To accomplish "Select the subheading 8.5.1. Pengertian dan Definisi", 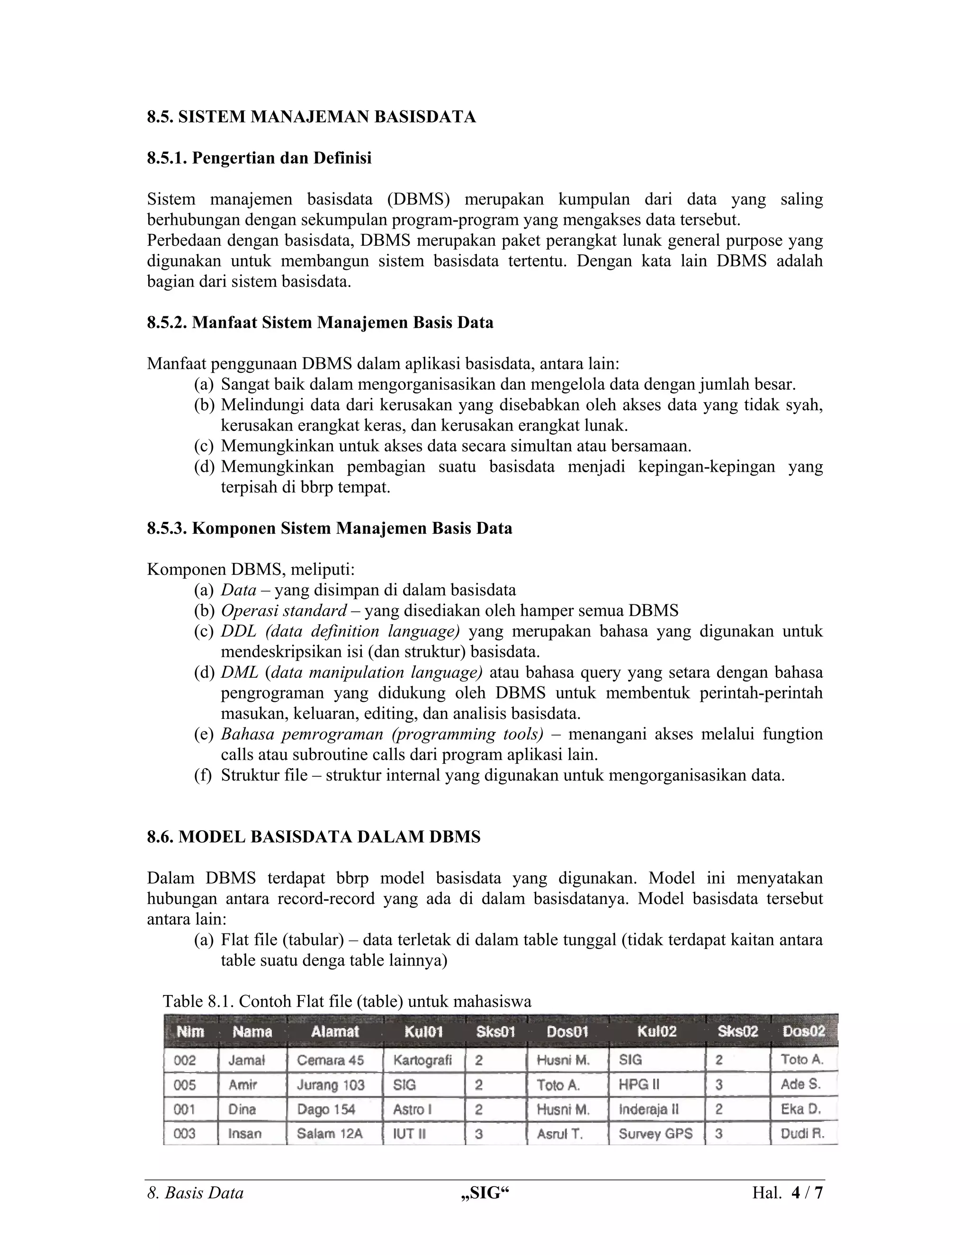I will point(259,158).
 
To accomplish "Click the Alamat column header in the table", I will point(334,1031).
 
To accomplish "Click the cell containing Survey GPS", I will point(655,1134).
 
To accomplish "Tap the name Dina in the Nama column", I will point(242,1110).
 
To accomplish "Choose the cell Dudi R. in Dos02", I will point(802,1134).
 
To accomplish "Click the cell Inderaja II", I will point(648,1110).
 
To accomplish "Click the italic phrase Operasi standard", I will point(284,610).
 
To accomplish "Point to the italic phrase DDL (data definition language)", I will point(340,631).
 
